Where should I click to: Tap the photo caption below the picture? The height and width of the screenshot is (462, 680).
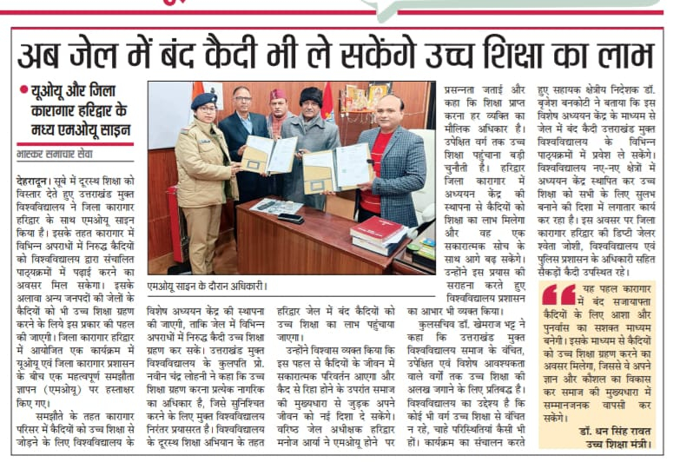(x=207, y=284)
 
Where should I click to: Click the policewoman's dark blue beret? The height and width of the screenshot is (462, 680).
(x=203, y=102)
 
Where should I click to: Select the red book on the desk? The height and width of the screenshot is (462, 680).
(x=376, y=229)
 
